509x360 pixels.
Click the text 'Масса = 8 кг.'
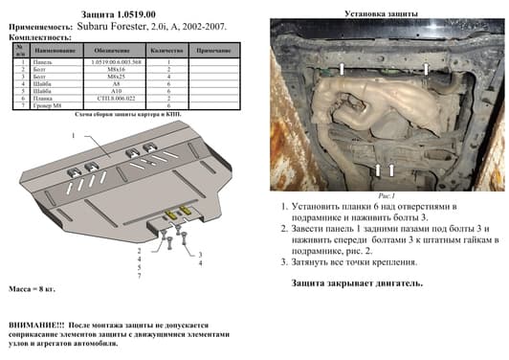tap(35, 289)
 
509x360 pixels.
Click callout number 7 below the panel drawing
tap(139, 276)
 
